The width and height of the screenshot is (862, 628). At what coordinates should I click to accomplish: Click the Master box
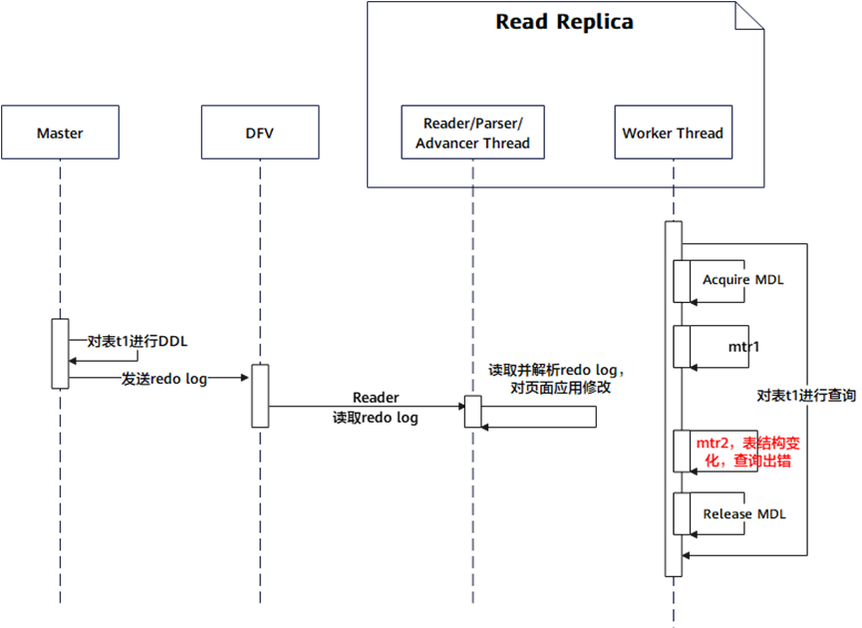coord(60,132)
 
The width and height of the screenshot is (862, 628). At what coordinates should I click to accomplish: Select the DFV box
coord(260,132)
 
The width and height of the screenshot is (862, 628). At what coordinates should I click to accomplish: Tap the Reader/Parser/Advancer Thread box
coord(472,132)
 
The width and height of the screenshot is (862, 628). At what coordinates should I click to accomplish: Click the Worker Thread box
coord(673,132)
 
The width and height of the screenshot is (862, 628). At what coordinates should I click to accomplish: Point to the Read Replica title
coord(565,22)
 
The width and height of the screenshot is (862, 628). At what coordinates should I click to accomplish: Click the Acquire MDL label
coord(743,280)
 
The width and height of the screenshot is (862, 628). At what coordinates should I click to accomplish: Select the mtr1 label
coord(743,347)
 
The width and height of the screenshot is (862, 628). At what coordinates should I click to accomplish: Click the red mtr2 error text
coord(747,452)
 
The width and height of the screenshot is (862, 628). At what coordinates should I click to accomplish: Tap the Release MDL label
coord(744,514)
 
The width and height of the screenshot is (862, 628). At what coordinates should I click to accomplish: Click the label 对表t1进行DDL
coord(138,342)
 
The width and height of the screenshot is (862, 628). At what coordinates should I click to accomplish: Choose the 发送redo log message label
coord(164,379)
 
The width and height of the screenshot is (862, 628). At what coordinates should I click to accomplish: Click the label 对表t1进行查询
coord(806,396)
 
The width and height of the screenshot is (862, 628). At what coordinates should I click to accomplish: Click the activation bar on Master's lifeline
coord(60,354)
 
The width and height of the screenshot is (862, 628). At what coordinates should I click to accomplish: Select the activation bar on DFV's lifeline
coord(260,396)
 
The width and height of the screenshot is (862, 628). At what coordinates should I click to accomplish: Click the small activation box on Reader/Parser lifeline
coord(472,412)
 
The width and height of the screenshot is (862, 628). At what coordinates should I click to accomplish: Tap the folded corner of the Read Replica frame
coord(749,15)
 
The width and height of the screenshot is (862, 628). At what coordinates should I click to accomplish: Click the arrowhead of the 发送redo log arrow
coord(245,378)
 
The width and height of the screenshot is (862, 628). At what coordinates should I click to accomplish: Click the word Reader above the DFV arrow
coord(376,397)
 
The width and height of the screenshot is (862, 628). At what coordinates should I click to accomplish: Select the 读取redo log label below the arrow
coord(376,418)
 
